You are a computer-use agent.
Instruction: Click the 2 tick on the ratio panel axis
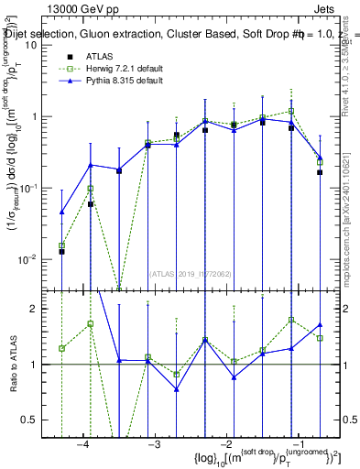34,309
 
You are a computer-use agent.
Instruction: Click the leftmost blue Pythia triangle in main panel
61,212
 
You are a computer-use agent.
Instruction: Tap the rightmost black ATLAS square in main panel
320,172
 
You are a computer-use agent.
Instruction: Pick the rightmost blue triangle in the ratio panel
320,324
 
